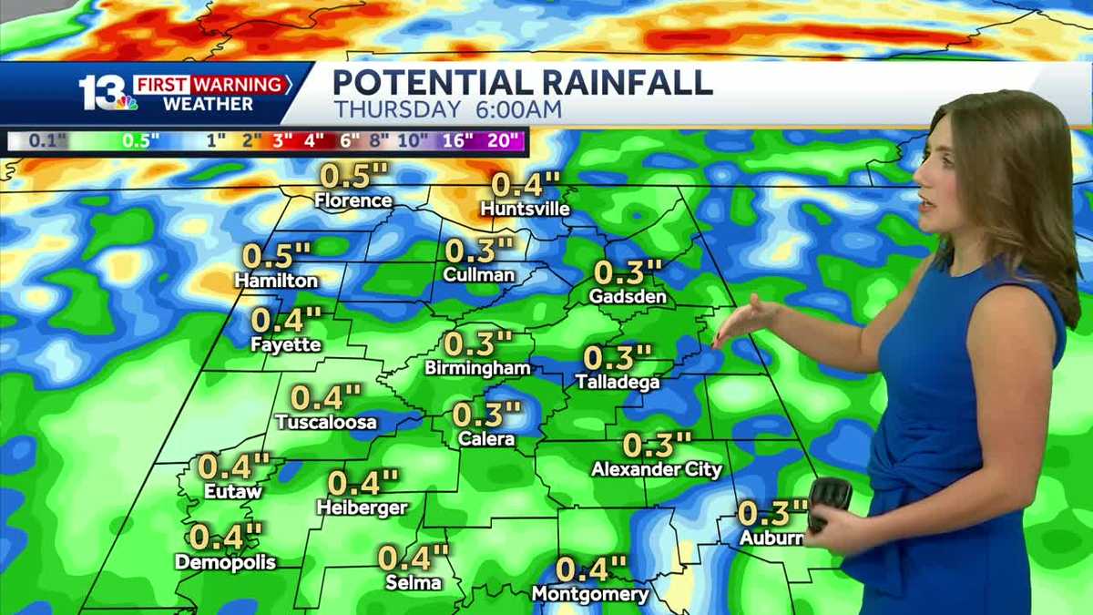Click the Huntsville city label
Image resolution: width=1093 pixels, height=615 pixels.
526,210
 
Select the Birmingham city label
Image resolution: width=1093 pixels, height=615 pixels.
477,369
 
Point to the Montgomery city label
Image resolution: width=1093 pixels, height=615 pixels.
590,595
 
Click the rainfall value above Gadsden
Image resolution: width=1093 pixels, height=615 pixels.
627,272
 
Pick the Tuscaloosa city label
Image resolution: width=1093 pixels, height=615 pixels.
325,423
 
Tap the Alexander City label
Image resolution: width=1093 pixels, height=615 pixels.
656,470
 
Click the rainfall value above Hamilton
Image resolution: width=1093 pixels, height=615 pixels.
277,256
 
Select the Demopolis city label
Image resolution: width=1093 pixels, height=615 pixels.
225,562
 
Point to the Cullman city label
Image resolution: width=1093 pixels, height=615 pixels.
479,274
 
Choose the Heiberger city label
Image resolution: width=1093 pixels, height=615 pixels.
363,507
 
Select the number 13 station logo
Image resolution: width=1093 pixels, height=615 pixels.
102,93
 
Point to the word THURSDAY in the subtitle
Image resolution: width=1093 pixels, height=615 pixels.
396,110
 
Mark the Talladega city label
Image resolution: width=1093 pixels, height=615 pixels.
618,383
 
